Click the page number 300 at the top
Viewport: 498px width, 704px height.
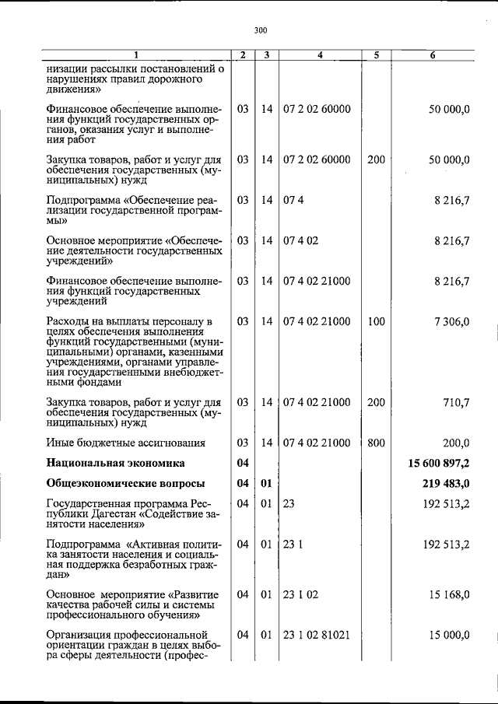(x=260, y=30)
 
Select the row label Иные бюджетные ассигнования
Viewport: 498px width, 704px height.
(x=125, y=443)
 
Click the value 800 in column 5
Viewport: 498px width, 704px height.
(x=376, y=443)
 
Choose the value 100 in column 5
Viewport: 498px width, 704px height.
(x=376, y=321)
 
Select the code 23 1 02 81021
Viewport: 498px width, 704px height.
(x=317, y=635)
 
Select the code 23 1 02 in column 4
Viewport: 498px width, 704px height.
(x=301, y=594)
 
